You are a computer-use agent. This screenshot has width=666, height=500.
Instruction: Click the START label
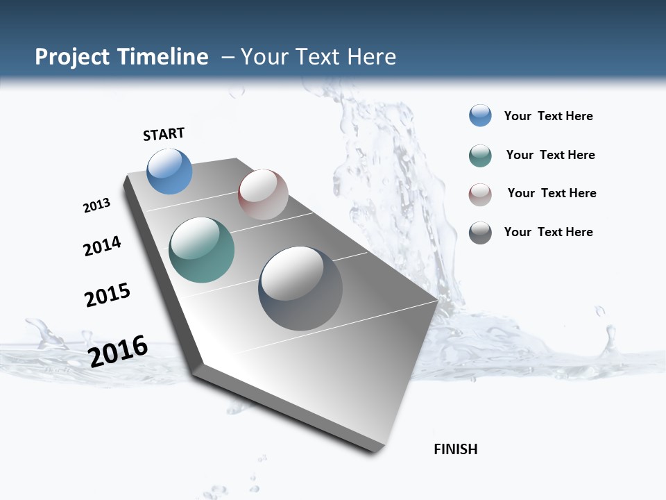[x=164, y=133]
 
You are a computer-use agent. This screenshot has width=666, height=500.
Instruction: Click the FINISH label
[x=455, y=449]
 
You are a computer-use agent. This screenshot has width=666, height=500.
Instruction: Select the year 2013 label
[x=96, y=206]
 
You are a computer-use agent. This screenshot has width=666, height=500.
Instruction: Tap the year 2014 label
[x=102, y=246]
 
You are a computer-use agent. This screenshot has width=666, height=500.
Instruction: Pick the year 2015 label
[x=108, y=294]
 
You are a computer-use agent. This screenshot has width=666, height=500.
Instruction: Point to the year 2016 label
[x=118, y=351]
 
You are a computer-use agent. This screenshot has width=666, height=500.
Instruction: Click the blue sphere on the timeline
[x=169, y=172]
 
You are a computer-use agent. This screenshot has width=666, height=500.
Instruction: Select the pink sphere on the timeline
[x=263, y=194]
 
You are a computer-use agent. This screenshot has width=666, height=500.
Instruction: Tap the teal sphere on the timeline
[x=201, y=250]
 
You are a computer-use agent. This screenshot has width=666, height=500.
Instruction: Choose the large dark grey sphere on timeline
[x=300, y=288]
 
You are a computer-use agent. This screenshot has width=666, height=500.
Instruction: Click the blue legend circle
[x=480, y=116]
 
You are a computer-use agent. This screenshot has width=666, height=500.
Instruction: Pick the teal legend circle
[x=480, y=156]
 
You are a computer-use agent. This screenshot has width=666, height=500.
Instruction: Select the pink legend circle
[x=480, y=194]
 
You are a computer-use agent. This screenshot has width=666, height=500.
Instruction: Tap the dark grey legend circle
[x=480, y=233]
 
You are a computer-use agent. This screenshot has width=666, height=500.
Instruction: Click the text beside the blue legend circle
[x=548, y=117]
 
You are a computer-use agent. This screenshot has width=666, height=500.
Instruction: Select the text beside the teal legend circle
[x=550, y=155]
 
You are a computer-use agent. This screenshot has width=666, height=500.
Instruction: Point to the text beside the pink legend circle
[x=552, y=193]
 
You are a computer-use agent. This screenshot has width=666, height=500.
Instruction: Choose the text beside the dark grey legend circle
[x=548, y=232]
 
